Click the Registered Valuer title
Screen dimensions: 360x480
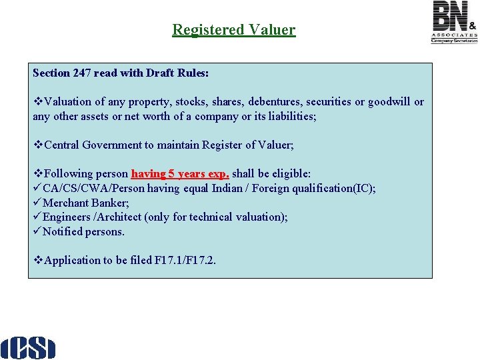click(x=233, y=30)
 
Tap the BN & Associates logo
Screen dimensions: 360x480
click(x=454, y=22)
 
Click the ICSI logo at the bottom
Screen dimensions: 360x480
click(x=27, y=347)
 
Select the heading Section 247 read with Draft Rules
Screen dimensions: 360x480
click(x=121, y=73)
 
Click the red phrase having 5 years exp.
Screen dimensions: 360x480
click(x=180, y=173)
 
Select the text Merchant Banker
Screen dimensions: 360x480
click(x=85, y=203)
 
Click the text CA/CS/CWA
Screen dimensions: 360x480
click(x=73, y=188)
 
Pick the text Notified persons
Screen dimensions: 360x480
click(x=83, y=231)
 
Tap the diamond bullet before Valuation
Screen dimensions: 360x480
click(x=37, y=102)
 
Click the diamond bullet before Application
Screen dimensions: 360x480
click(x=37, y=260)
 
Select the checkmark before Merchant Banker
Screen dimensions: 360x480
click(x=37, y=203)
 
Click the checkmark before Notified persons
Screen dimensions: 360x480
click(x=37, y=231)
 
